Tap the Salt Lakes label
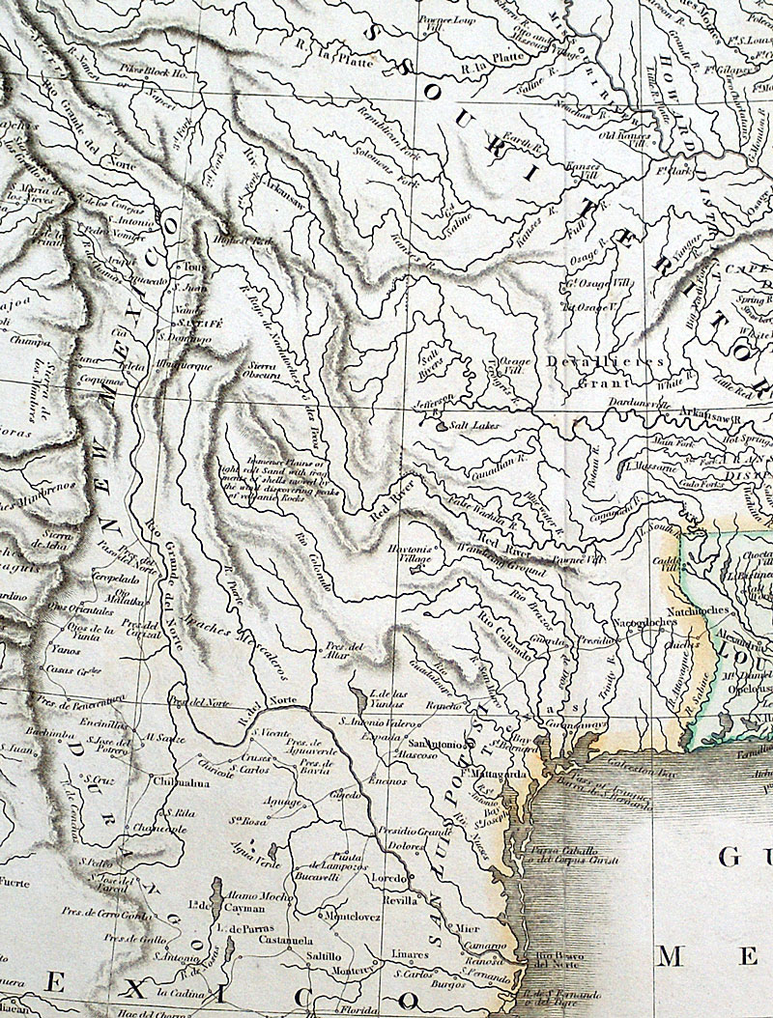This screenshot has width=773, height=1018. click(472, 423)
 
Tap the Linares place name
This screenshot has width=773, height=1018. click(410, 952)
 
